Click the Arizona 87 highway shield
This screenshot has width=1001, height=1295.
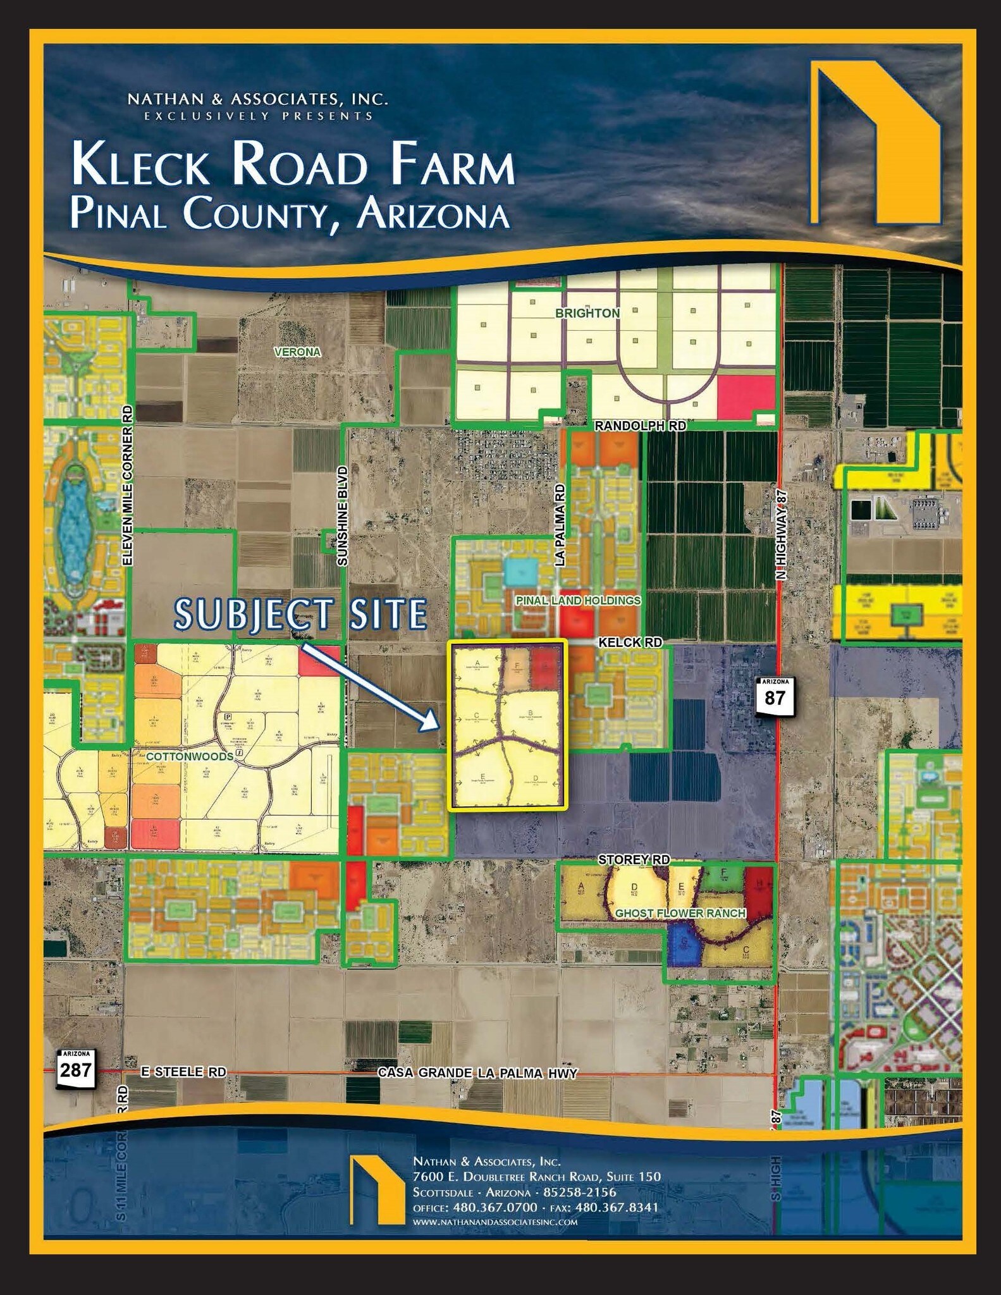(774, 696)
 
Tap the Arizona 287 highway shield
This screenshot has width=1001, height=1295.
(77, 1069)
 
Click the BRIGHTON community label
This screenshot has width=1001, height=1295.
(587, 313)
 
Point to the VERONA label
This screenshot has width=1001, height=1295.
(297, 352)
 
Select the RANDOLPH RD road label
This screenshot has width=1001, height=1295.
(640, 426)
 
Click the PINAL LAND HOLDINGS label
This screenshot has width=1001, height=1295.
(578, 600)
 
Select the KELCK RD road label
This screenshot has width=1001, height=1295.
(630, 642)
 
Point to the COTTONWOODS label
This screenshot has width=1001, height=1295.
(189, 756)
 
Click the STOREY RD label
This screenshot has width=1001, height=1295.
(634, 859)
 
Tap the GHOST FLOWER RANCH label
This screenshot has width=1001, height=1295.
(680, 913)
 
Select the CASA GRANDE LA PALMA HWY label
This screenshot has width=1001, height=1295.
(477, 1072)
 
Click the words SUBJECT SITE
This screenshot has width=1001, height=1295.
(301, 614)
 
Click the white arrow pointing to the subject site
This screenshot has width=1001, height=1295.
(370, 685)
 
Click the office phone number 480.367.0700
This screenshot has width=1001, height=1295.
(493, 1206)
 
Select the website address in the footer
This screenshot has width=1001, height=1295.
(494, 1222)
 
